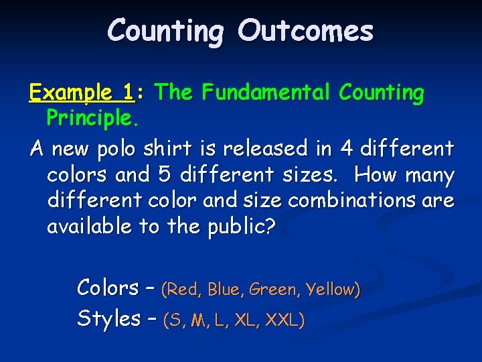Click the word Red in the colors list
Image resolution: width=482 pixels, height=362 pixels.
[x=185, y=290]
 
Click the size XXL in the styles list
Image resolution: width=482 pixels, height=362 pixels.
[x=285, y=320]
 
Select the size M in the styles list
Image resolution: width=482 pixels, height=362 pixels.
[x=197, y=320]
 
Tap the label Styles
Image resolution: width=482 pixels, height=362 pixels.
[x=108, y=318]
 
